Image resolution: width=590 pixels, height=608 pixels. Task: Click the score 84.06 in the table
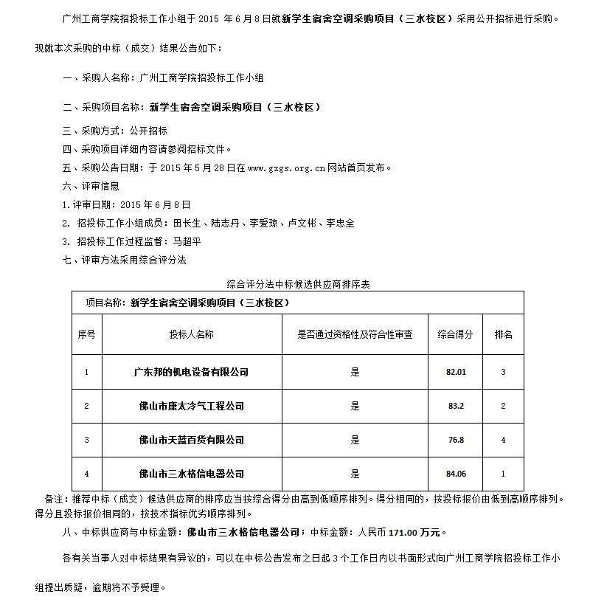(456, 474)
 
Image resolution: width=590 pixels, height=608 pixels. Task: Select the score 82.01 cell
(456, 372)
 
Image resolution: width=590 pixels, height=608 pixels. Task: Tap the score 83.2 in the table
(456, 406)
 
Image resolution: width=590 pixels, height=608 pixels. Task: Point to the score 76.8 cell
(456, 440)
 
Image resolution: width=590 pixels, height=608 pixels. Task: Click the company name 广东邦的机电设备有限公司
(191, 372)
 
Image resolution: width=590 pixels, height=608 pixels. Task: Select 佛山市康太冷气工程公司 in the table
(191, 406)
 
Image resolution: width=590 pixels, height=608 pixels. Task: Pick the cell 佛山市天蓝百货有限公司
(191, 440)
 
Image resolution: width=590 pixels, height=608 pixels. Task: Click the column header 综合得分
(456, 334)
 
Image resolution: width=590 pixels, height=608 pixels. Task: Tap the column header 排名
(504, 334)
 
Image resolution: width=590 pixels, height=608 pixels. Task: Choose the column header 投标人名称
(191, 334)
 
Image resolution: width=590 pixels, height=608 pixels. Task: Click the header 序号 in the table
(86, 334)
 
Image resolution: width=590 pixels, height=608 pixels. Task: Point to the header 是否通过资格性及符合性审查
(355, 334)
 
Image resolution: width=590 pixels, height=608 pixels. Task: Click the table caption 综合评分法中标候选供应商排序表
(298, 283)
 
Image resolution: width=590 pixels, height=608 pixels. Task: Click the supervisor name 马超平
(187, 241)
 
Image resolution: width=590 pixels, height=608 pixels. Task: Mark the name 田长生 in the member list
(186, 223)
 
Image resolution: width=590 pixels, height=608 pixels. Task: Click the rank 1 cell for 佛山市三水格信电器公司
(504, 474)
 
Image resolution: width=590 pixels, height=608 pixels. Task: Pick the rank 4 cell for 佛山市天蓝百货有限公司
(504, 440)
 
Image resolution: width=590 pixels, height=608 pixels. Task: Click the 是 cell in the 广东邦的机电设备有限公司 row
(355, 372)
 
